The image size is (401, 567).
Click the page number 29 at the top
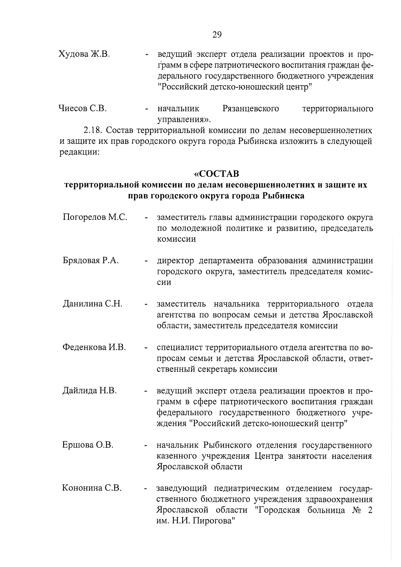coord(217,35)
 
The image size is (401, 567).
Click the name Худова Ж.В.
coord(84,54)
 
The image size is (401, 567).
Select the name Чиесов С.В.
coord(83,109)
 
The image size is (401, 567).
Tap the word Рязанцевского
coord(251,109)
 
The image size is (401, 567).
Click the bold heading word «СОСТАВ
coord(217,174)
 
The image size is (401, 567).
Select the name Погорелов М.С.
coord(95,218)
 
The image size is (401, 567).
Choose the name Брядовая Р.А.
coord(91,261)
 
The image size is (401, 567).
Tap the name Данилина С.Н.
coord(92,304)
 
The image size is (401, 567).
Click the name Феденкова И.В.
coord(94,347)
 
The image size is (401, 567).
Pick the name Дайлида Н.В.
coord(90,391)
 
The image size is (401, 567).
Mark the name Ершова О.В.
coord(88,445)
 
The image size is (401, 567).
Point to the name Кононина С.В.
coord(92,488)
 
